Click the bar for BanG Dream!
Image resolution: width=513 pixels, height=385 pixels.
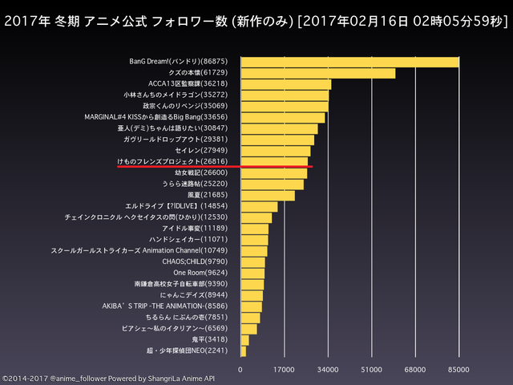click(x=350, y=63)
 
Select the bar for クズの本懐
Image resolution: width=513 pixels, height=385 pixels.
click(x=318, y=73)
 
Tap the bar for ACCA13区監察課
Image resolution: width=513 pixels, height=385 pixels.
click(x=286, y=84)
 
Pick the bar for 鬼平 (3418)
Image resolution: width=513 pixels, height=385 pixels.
click(x=245, y=340)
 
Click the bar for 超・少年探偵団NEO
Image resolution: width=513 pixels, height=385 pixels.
click(x=244, y=351)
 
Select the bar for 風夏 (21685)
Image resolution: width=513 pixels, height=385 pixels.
click(x=268, y=196)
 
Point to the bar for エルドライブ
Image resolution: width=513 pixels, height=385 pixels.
click(x=260, y=207)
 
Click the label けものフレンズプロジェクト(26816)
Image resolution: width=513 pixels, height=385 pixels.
click(x=172, y=161)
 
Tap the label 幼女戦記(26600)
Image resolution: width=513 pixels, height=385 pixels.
click(x=201, y=172)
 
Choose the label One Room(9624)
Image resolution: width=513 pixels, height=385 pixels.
click(x=200, y=273)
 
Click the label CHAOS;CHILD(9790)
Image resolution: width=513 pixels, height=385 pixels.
click(x=195, y=261)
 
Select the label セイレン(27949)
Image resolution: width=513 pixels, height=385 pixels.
click(x=201, y=150)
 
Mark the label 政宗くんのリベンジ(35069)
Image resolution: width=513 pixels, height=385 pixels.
click(x=185, y=106)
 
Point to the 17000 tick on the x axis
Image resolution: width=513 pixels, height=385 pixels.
click(x=284, y=370)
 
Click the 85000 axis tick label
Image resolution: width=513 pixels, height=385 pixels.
click(x=458, y=370)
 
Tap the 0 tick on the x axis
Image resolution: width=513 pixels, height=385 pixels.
click(x=240, y=370)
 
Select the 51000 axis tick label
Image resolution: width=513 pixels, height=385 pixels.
click(x=371, y=370)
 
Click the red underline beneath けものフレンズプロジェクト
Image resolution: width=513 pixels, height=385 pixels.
click(x=215, y=167)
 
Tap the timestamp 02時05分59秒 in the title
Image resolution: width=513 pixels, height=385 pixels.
click(x=457, y=22)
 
